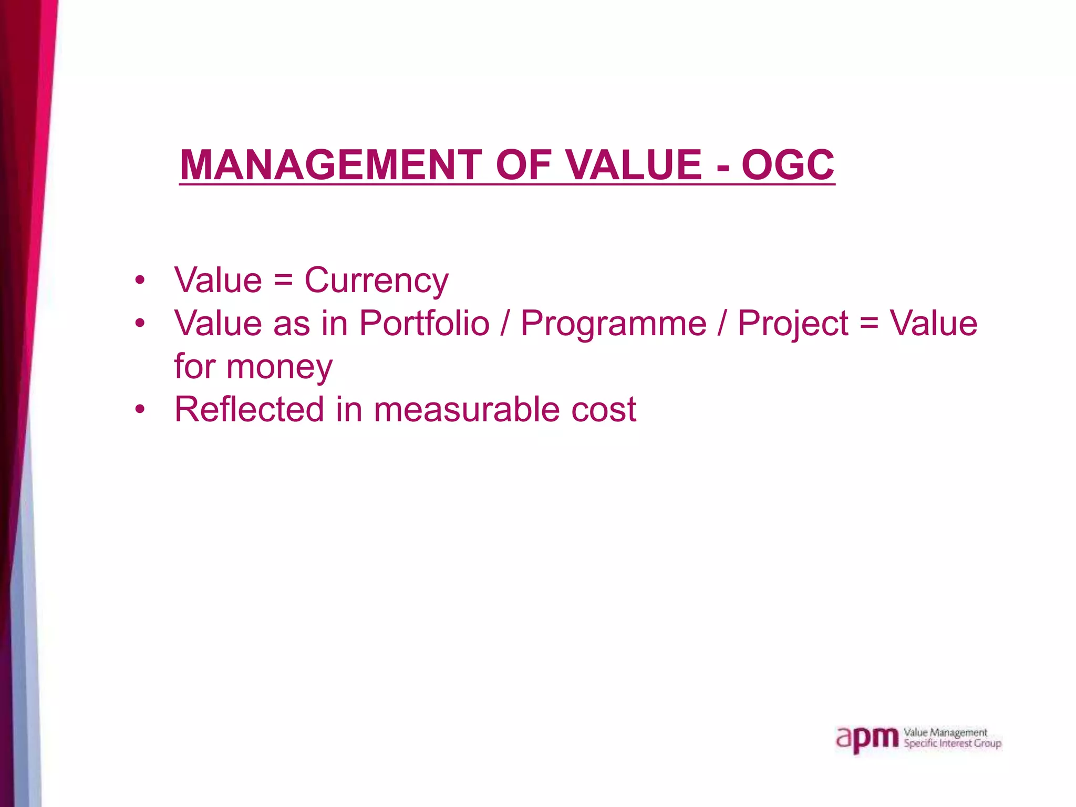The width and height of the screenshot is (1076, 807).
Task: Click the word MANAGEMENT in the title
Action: point(330,165)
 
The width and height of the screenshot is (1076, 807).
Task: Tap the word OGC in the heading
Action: point(788,165)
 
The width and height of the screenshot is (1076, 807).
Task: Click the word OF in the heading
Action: point(523,165)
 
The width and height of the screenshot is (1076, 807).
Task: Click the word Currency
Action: point(376,281)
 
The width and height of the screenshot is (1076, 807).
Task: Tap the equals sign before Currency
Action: point(283,281)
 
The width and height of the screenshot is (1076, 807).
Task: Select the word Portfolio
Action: point(424,323)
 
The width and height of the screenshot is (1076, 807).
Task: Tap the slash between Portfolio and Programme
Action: point(505,323)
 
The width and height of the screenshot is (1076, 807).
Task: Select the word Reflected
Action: point(249,409)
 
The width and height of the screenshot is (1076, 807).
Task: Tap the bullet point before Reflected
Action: point(139,409)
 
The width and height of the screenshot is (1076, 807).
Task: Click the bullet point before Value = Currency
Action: point(139,281)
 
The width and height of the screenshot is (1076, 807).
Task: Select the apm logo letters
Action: point(867,740)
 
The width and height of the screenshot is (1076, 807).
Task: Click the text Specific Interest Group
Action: point(952,743)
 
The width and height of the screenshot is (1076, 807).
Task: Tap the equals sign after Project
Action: point(869,323)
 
